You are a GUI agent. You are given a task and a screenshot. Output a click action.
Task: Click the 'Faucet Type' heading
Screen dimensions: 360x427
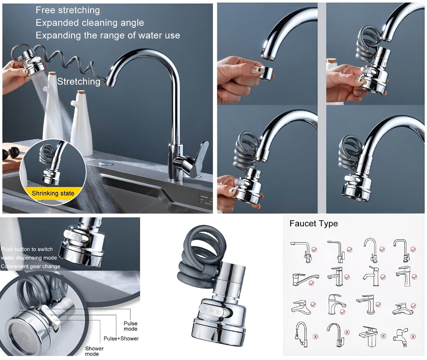[313, 224]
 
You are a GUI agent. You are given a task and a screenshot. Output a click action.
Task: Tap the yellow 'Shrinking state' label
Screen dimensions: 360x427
[53, 193]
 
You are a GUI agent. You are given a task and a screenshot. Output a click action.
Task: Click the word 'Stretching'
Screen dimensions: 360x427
[79, 82]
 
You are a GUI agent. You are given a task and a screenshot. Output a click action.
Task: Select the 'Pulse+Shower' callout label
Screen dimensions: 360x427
[121, 338]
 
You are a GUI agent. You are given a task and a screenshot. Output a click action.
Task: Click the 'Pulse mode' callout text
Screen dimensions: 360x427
[130, 326]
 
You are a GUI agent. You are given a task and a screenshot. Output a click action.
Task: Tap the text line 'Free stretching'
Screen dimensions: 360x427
[68, 10]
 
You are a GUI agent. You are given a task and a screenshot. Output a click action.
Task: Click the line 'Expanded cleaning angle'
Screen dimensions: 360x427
[90, 23]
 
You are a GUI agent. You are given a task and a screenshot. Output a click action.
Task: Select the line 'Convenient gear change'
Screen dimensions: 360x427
[30, 266]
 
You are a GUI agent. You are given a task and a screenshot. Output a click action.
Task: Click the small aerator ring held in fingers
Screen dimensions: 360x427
[264, 72]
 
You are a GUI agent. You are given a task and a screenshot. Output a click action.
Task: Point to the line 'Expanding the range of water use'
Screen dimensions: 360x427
[108, 35]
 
